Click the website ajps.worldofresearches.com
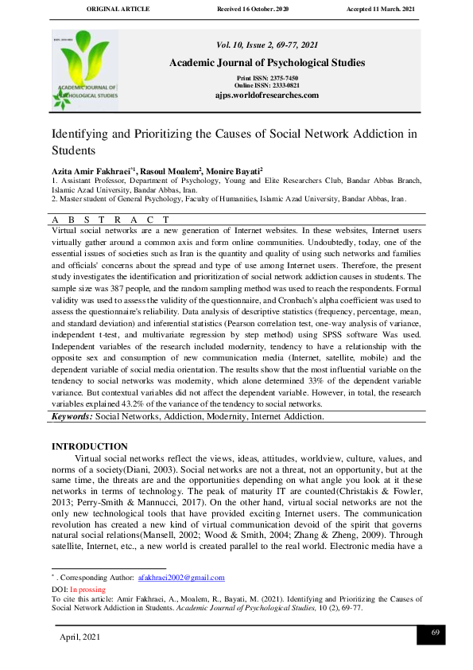[267, 95]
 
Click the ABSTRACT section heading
[110, 219]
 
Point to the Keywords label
[72, 416]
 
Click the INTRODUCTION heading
[89, 447]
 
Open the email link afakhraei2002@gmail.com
[181, 577]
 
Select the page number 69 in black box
[436, 632]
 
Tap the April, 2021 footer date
[80, 637]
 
